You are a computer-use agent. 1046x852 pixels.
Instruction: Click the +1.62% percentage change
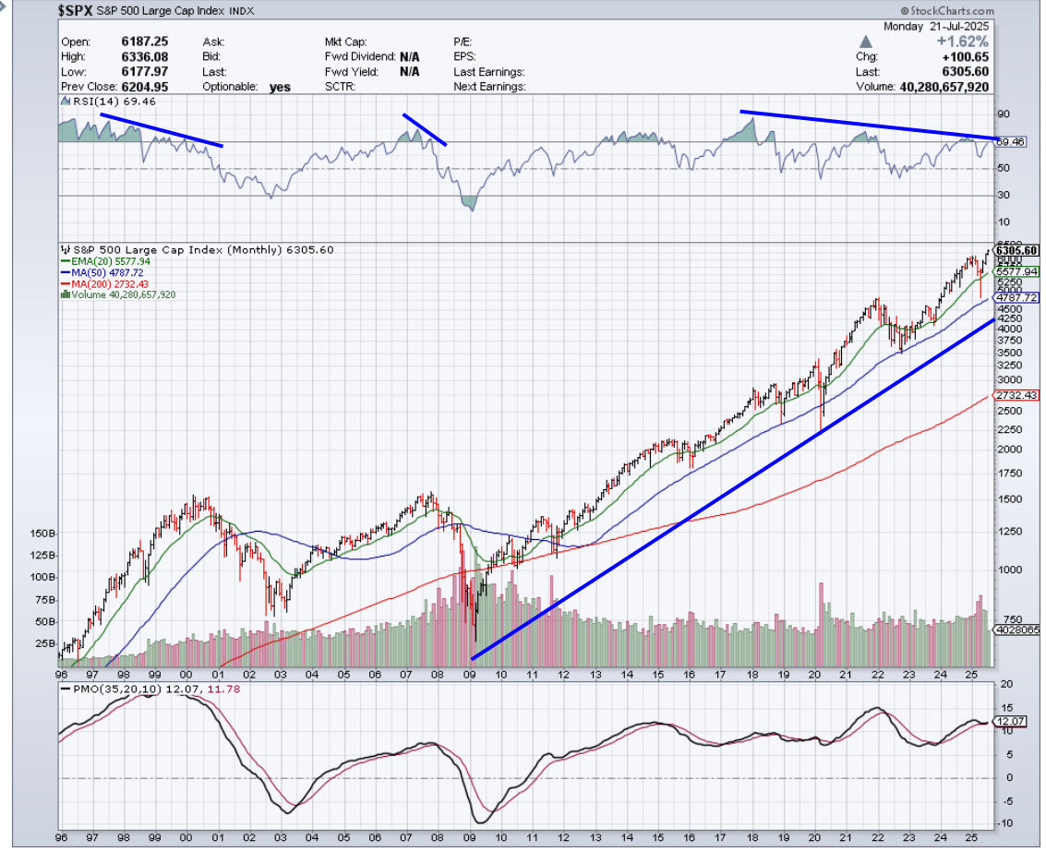click(964, 42)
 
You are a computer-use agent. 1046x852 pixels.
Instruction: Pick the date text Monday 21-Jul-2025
click(935, 27)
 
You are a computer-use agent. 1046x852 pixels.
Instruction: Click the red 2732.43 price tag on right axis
click(1016, 395)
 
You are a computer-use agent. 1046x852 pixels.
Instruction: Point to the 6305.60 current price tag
click(1017, 250)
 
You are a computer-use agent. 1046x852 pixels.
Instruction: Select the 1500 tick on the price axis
click(1010, 499)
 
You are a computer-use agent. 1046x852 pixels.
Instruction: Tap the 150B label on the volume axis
click(41, 534)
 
